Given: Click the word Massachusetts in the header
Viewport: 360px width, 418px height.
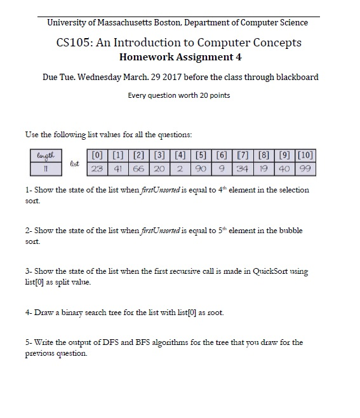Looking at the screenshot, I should point(125,23).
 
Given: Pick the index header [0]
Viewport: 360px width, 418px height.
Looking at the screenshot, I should point(97,156).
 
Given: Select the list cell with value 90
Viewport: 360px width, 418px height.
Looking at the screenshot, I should point(200,170).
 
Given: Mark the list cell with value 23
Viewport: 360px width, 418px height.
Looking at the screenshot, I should point(97,170).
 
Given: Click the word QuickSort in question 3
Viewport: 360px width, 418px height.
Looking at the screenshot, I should point(271,271).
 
